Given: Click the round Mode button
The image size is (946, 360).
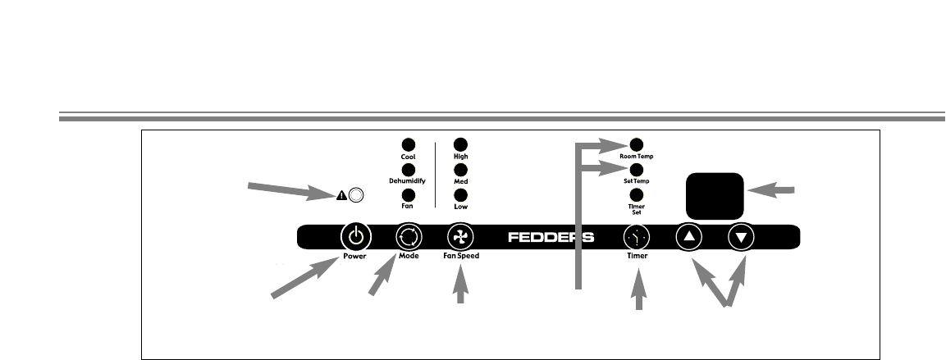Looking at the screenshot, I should [408, 237].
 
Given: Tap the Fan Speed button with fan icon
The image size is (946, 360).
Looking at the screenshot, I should [460, 237].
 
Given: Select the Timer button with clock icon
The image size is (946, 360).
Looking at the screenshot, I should [637, 237].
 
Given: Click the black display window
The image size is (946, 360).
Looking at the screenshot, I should [715, 194].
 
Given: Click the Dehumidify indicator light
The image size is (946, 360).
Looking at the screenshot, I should [408, 170].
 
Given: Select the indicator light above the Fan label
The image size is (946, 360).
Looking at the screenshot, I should [408, 194].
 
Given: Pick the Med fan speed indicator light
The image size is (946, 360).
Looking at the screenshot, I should [460, 170].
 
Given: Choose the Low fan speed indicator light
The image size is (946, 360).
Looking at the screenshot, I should [460, 194].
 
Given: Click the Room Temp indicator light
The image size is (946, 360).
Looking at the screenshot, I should [637, 144].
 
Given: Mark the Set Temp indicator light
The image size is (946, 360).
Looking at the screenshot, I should [637, 170].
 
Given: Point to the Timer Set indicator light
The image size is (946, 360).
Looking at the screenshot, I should [637, 194].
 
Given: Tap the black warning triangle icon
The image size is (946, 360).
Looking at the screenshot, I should [342, 195].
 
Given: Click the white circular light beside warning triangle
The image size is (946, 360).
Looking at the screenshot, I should [356, 195].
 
